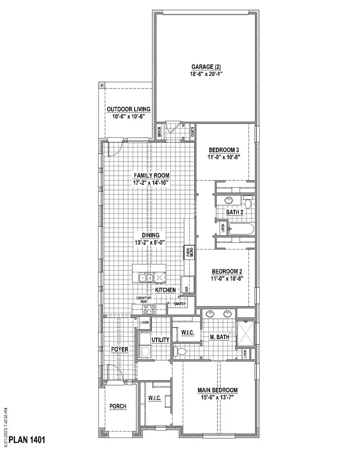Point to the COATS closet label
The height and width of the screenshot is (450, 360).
click(192, 132)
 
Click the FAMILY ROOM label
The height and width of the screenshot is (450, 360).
click(152, 175)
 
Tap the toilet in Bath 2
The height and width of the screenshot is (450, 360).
click(248, 202)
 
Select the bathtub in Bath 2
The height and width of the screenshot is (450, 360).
click(241, 230)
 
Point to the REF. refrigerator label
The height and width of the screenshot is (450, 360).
click(186, 288)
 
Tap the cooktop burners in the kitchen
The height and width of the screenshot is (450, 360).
click(150, 309)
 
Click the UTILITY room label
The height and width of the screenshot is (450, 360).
click(161, 340)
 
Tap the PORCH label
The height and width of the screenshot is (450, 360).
click(118, 406)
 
